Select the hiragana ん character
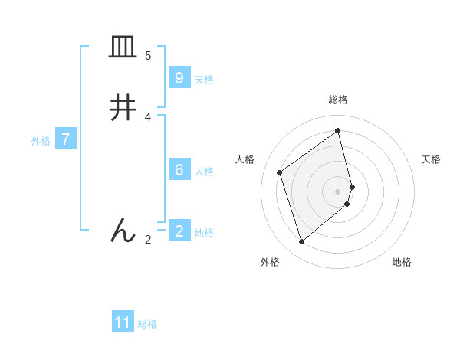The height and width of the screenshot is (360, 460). click(124, 231)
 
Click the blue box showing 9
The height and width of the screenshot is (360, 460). click(179, 78)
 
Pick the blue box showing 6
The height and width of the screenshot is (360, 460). click(179, 171)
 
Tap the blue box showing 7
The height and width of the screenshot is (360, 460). click(66, 140)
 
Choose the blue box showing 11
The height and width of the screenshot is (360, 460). click(123, 323)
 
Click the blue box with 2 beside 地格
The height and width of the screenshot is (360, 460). click(179, 231)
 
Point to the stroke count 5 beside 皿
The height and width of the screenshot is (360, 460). click(148, 56)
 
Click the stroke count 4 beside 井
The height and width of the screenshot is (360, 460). click(148, 117)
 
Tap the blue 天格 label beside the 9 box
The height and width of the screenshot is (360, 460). click(204, 80)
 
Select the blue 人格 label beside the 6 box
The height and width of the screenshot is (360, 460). click(204, 172)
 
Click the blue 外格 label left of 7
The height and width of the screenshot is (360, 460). click(41, 141)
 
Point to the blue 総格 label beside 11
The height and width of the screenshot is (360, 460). click(147, 324)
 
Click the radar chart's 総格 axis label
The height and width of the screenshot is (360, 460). click(338, 100)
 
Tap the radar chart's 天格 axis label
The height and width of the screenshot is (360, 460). click(431, 159)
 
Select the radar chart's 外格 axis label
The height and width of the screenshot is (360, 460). click(270, 262)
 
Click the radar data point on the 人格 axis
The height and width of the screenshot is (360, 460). click(280, 172)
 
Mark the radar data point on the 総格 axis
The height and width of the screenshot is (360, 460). click(338, 130)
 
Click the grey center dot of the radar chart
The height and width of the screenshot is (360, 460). click(338, 190)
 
